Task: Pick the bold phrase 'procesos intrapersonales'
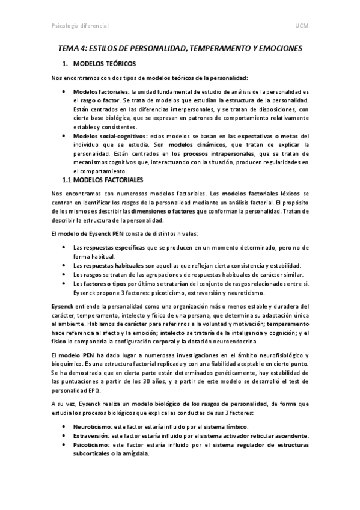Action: [x=218, y=154]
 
